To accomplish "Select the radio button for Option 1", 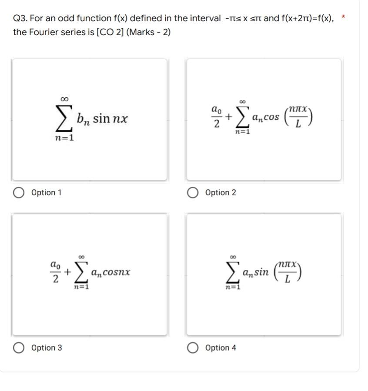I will [19, 192].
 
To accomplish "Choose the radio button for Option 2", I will [194, 192].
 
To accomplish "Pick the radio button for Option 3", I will [19, 348].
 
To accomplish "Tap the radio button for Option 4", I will [194, 348].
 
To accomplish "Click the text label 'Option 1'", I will [47, 192].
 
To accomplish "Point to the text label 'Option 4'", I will [221, 348].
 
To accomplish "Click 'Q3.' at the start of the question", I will [21, 18].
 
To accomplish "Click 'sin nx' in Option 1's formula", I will [110, 119].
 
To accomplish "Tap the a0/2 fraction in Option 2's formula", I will [216, 117].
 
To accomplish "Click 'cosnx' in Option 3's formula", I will [116, 273].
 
